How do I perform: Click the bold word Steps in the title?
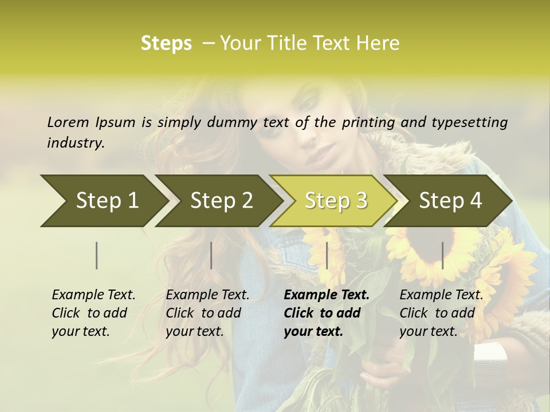point(166,43)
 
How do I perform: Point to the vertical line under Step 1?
point(97,255)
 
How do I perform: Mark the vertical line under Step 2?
point(211,255)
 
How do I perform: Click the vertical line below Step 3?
point(327,255)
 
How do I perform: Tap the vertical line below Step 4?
point(443,255)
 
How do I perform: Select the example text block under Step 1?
point(93,313)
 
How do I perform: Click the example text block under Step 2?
point(207,313)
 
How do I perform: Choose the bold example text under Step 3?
point(327,313)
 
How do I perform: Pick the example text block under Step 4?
point(441,313)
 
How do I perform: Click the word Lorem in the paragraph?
point(68,122)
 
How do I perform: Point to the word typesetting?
point(469,122)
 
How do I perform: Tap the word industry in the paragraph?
point(76,143)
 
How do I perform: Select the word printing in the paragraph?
point(369,122)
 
